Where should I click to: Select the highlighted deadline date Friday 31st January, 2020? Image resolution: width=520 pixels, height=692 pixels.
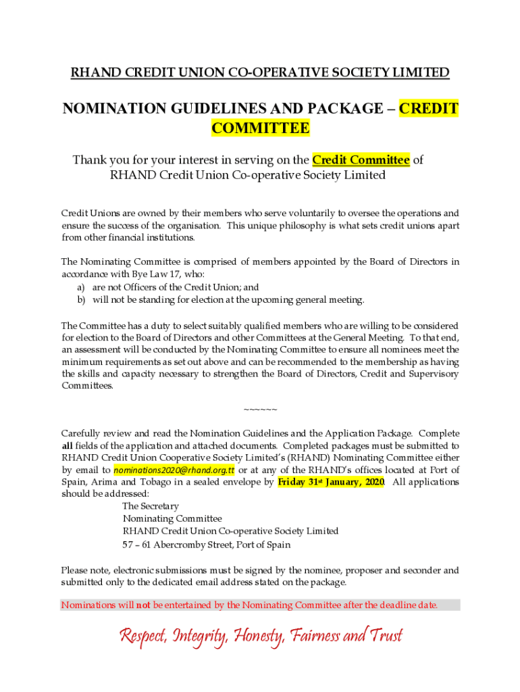(331, 482)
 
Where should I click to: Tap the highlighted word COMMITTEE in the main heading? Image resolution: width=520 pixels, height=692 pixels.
(260, 128)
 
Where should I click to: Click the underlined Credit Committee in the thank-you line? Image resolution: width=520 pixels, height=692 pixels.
(361, 159)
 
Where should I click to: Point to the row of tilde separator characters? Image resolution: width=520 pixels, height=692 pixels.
(259, 410)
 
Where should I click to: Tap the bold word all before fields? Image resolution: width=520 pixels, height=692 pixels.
(68, 445)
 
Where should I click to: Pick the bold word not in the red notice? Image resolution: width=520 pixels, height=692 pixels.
(143, 605)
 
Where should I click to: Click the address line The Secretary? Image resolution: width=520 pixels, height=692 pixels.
(151, 505)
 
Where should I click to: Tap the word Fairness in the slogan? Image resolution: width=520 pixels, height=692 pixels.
(317, 636)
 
